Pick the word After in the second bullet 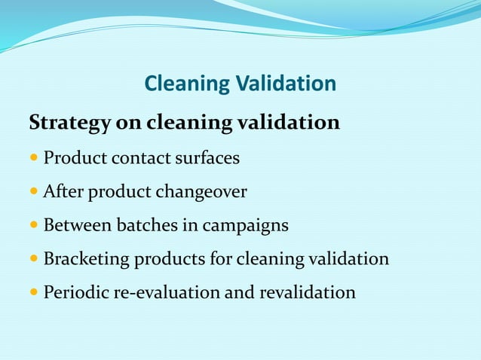(x=63, y=192)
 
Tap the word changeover (x=201, y=192)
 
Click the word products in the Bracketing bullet (x=164, y=260)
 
